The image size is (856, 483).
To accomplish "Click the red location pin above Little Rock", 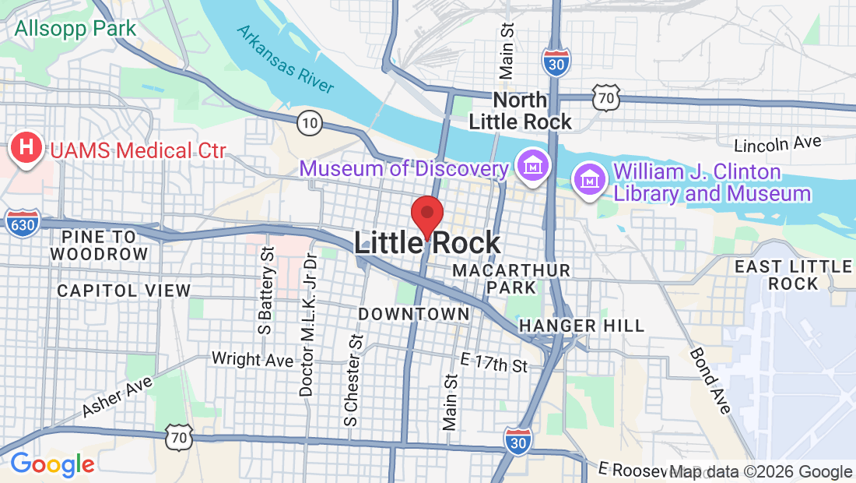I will click(426, 214).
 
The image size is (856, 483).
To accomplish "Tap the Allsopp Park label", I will click(75, 29).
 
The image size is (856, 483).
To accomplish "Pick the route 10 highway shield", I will click(310, 122).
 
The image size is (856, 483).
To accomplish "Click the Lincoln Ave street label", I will click(778, 144).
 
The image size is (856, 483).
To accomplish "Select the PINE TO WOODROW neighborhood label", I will click(99, 245).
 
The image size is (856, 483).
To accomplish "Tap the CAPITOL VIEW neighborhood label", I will click(124, 291).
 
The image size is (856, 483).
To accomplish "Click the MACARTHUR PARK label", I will click(511, 278).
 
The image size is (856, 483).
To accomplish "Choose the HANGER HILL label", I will click(582, 325).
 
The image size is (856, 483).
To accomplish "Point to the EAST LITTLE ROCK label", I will click(793, 274).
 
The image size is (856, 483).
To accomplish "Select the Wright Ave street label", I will click(252, 359).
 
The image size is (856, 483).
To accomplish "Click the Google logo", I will click(52, 464).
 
